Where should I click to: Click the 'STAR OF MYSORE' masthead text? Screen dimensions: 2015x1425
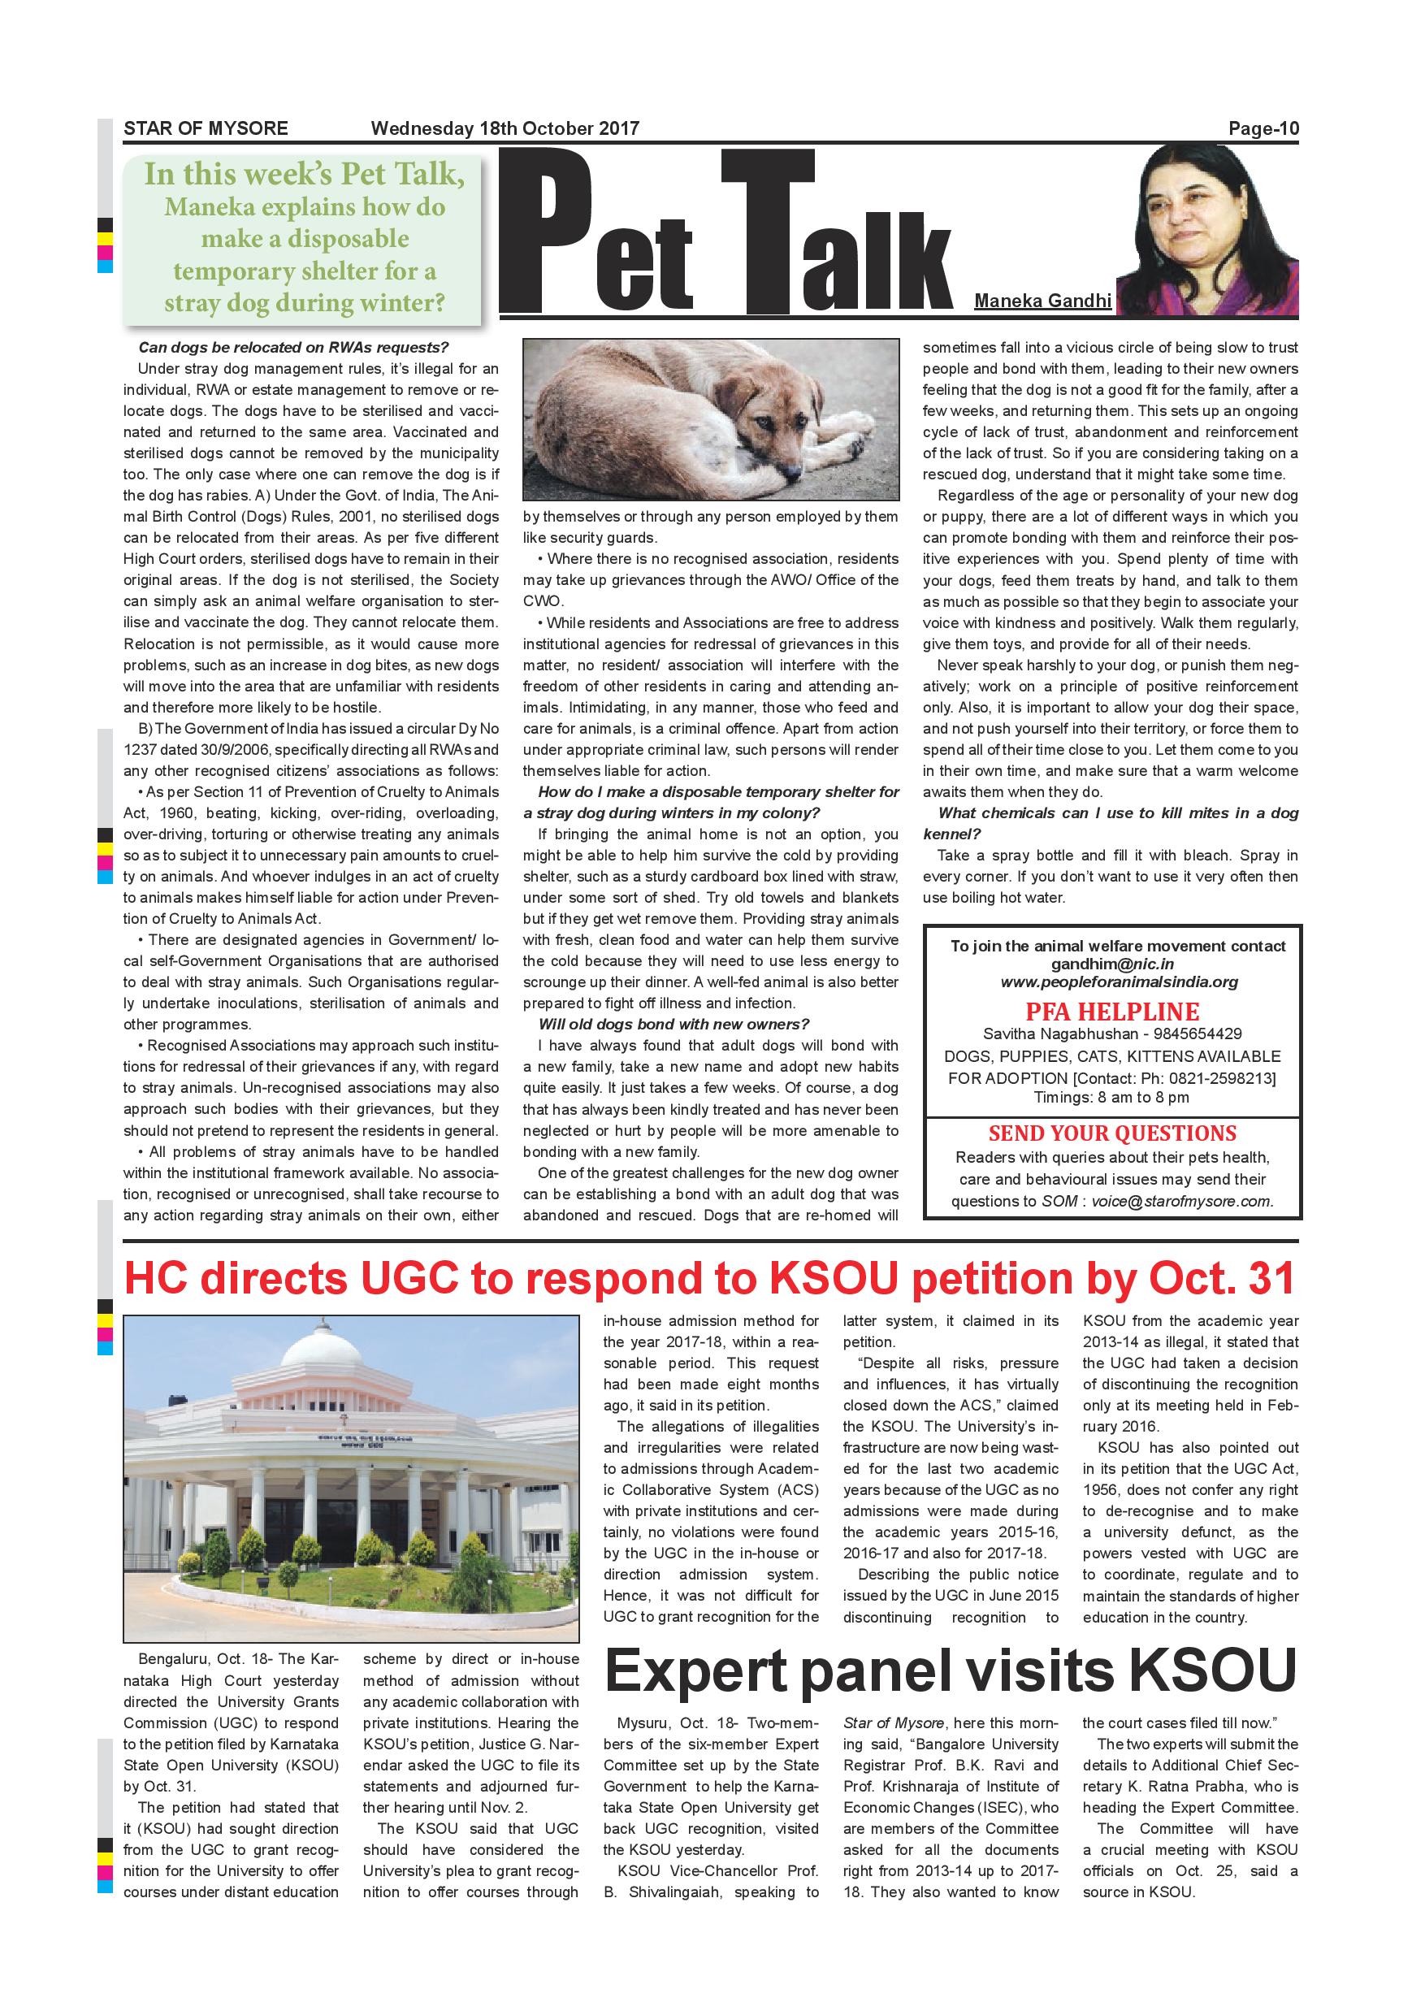coord(206,128)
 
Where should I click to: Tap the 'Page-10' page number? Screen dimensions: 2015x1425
coord(1263,129)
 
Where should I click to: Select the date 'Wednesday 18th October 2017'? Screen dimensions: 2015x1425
coord(505,128)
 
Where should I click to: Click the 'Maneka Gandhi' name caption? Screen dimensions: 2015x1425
coord(1042,301)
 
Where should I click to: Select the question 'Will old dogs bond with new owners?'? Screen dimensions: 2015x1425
coord(673,1025)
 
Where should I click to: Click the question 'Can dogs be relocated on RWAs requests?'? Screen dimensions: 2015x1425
coord(293,348)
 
